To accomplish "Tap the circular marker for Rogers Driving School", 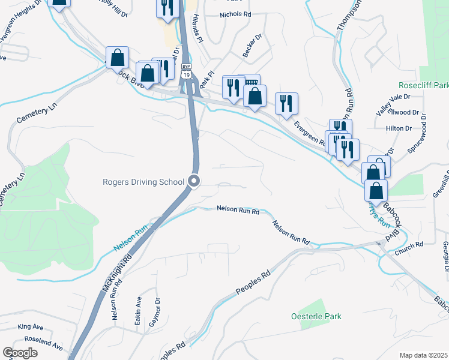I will pyautogui.click(x=194, y=181).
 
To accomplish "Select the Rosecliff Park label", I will pyautogui.click(x=423, y=86).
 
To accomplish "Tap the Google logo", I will pyautogui.click(x=20, y=353).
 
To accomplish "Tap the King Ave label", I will pyautogui.click(x=31, y=327).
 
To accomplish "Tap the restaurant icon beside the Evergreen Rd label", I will pyautogui.click(x=287, y=103).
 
